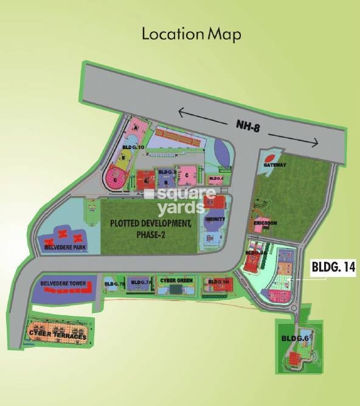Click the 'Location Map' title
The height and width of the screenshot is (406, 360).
191,33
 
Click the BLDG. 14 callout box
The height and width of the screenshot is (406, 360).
333,266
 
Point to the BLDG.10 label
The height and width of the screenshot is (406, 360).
133,147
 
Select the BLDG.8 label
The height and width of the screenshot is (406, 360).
167,172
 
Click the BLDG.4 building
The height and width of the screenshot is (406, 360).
216,179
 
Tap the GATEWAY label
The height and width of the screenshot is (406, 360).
275,165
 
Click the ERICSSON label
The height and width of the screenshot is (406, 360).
266,223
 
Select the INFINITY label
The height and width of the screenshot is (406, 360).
215,219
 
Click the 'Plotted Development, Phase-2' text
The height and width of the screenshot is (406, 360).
151,229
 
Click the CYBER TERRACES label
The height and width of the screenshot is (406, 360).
58,335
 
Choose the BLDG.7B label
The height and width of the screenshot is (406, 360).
114,283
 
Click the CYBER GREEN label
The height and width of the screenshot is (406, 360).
176,280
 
